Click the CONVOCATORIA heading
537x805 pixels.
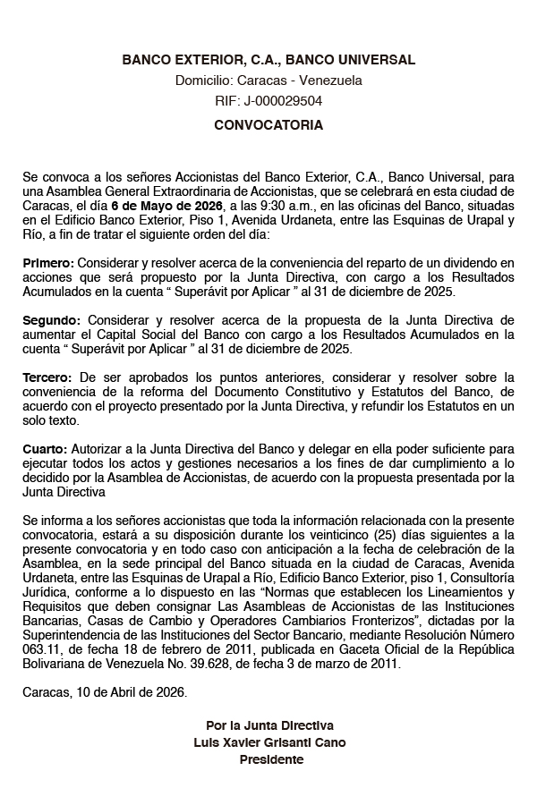pos(268,125)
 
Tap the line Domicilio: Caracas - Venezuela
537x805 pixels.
pos(268,80)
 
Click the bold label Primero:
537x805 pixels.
pos(49,263)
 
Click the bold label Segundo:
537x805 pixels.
pos(52,320)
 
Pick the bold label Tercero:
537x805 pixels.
pos(48,377)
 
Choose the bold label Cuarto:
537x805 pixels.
pos(45,448)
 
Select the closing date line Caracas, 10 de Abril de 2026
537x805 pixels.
pos(105,691)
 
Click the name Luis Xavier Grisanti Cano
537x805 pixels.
pos(268,742)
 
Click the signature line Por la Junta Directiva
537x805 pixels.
pos(268,725)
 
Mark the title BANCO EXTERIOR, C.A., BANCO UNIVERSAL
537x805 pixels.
pos(268,60)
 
